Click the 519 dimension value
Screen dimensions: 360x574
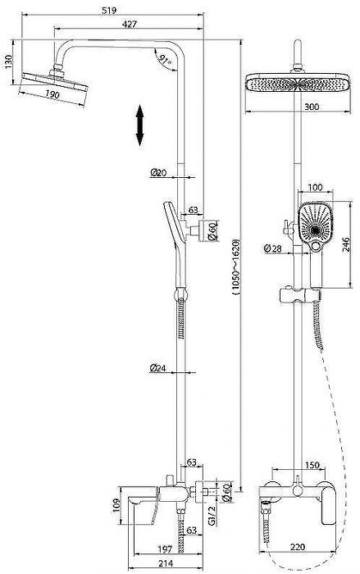click(x=109, y=10)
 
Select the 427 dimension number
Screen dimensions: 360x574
click(x=130, y=24)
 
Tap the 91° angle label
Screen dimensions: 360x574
click(x=165, y=59)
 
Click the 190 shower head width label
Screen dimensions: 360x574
click(x=52, y=94)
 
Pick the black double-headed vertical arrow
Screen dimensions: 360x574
click(x=139, y=125)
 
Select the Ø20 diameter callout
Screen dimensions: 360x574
click(x=158, y=172)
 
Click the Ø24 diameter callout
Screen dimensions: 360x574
click(x=157, y=367)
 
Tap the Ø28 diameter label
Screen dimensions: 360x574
click(x=273, y=248)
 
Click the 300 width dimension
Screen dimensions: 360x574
click(x=312, y=107)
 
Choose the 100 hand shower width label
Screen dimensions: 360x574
click(x=315, y=188)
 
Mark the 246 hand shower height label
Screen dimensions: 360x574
click(x=345, y=244)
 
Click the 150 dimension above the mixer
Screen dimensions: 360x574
click(x=312, y=465)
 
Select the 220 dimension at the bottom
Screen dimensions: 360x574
click(x=298, y=547)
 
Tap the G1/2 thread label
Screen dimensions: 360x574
click(x=212, y=516)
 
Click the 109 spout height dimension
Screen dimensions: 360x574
click(x=116, y=506)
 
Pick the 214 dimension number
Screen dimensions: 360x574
click(x=166, y=564)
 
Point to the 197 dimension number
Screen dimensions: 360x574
click(x=165, y=549)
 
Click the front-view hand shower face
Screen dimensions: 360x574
click(x=316, y=223)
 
